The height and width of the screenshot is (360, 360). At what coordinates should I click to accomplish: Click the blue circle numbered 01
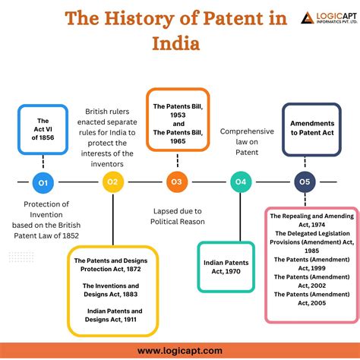43,182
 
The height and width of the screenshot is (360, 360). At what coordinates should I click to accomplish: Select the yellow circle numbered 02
112,182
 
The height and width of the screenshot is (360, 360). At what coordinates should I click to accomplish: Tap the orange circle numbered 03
176,182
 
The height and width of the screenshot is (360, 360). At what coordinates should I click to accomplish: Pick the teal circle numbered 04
241,182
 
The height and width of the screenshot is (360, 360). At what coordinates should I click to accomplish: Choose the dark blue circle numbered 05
305,182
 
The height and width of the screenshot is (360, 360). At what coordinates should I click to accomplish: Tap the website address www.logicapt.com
180,350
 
